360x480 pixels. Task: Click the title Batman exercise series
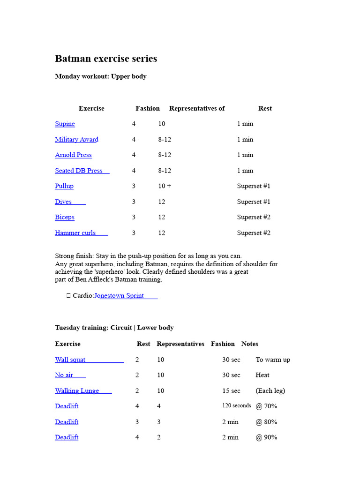106,59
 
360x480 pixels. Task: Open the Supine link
65,124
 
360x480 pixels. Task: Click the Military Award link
76,139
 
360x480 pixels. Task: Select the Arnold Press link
73,155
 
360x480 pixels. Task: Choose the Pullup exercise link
64,186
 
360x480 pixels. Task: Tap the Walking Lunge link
77,391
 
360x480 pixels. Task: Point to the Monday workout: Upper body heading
101,76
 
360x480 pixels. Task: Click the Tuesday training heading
114,328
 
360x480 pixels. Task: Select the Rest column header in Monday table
265,108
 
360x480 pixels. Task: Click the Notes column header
250,344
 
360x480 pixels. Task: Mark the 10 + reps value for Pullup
165,186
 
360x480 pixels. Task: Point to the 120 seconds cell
236,406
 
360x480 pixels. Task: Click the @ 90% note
266,437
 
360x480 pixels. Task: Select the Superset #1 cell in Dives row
254,202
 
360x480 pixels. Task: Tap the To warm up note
273,360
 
